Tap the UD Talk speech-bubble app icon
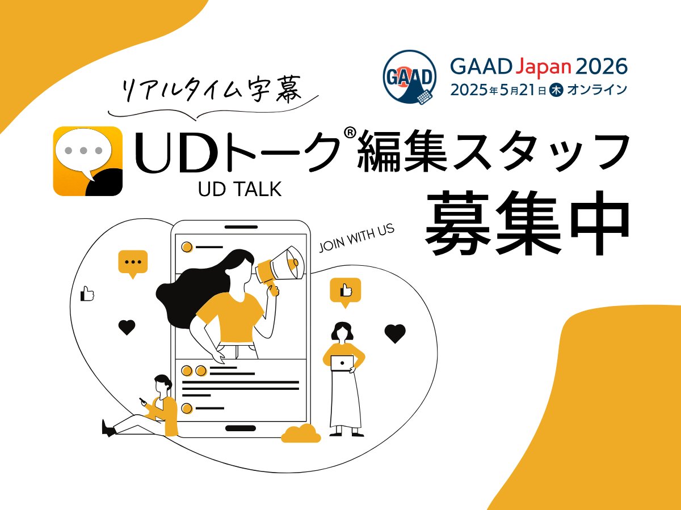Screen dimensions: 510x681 [88, 161]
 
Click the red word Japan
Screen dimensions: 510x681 [543, 67]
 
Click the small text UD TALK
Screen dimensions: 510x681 [239, 190]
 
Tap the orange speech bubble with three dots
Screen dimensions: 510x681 [133, 263]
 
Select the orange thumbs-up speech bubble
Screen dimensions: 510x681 [345, 292]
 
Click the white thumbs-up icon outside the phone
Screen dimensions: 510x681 [87, 294]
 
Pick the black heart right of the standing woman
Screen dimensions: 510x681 [395, 333]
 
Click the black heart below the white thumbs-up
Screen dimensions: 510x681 [127, 327]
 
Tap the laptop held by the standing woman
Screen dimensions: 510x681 [342, 363]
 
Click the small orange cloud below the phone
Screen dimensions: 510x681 [301, 433]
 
